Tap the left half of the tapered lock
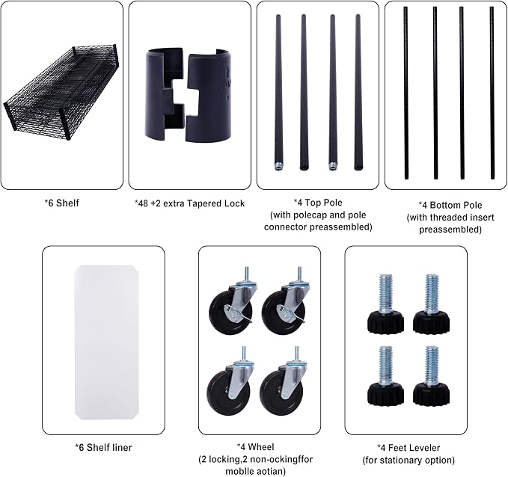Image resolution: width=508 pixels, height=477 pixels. [165, 94]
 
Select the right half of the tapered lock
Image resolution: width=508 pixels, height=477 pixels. [209, 96]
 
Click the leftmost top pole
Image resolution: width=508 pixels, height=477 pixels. [278, 92]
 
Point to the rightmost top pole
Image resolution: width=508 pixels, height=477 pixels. [358, 92]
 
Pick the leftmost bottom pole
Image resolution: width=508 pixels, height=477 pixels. [406, 93]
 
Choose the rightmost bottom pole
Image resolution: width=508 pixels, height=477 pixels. [492, 93]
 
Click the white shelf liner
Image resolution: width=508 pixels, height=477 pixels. [107, 342]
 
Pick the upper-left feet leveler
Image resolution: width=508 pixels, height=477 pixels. [385, 304]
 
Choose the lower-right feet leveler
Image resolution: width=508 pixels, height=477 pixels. [431, 375]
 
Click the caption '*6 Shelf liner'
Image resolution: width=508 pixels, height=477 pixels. [104, 448]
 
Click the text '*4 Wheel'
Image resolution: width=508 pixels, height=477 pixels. [256, 447]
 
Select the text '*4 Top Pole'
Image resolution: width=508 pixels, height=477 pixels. [318, 203]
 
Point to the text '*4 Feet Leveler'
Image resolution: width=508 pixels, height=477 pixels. [408, 448]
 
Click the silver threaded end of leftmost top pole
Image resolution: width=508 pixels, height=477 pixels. [278, 167]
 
